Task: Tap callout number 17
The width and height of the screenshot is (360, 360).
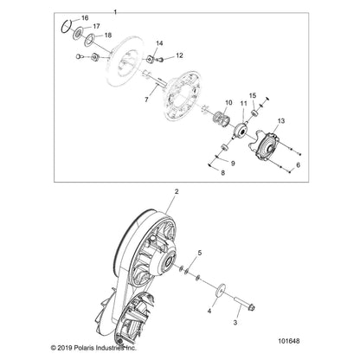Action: [x=96, y=27]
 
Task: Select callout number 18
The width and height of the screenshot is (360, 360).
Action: [x=96, y=35]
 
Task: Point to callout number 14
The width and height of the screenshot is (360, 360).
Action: [x=159, y=42]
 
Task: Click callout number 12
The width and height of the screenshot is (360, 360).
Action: [x=180, y=55]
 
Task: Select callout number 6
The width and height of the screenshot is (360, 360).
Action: [x=299, y=164]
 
